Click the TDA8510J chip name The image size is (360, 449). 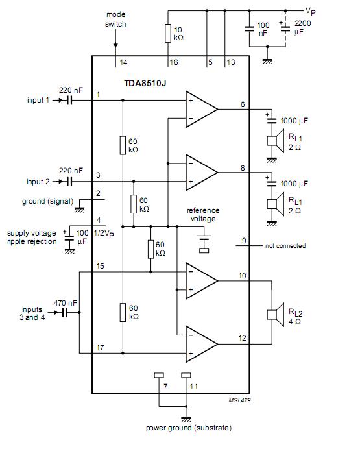(x=145, y=83)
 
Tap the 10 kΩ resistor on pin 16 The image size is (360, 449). (x=168, y=34)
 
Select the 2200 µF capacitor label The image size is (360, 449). (x=302, y=27)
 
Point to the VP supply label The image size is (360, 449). (x=311, y=11)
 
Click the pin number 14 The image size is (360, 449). (x=123, y=62)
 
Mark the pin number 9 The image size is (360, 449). (x=244, y=241)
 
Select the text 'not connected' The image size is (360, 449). (x=285, y=246)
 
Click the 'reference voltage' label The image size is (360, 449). (x=203, y=215)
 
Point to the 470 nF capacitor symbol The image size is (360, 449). (x=65, y=313)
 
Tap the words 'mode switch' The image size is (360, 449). (x=115, y=19)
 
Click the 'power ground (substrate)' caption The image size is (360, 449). (x=189, y=428)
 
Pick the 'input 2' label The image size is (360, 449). (x=38, y=182)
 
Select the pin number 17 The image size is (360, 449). (x=100, y=348)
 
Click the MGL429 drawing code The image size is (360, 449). (x=239, y=400)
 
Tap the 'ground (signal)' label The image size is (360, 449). (x=47, y=201)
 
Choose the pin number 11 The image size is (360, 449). (x=194, y=387)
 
